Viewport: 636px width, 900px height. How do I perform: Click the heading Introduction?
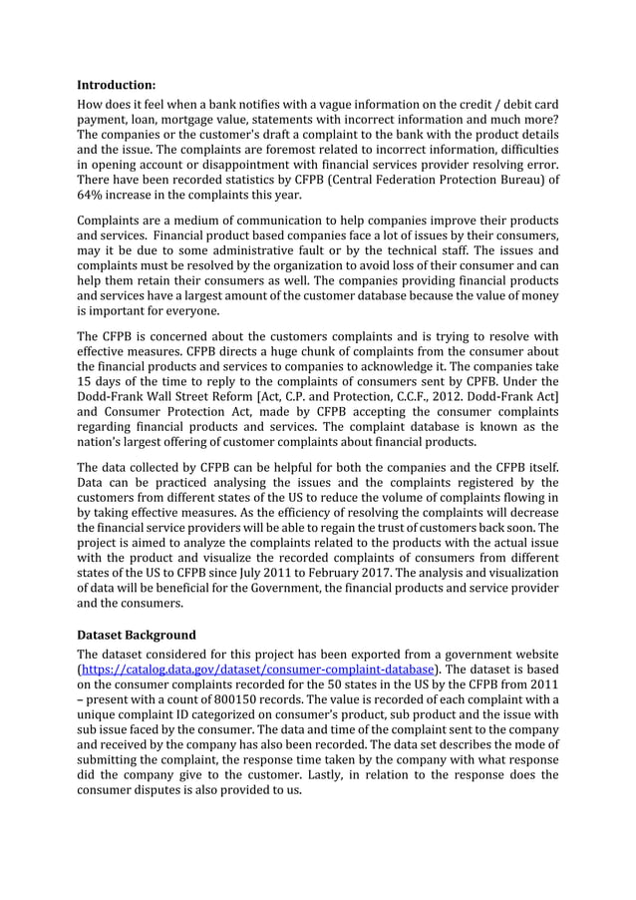tap(116, 85)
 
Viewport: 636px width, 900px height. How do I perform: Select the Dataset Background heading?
tap(137, 635)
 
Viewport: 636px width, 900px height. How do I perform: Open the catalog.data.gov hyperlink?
tap(258, 669)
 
